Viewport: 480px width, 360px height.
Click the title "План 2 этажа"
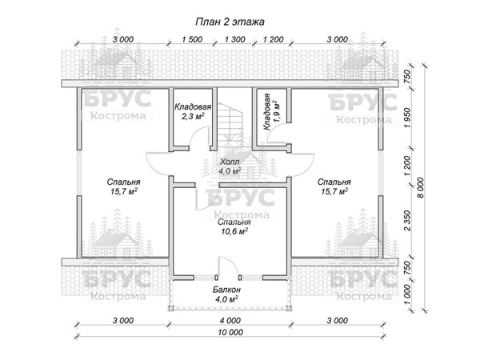click(x=230, y=22)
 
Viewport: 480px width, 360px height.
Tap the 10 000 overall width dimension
click(x=231, y=332)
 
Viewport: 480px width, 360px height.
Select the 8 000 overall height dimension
click(x=421, y=188)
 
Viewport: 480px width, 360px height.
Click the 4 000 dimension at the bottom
click(x=230, y=321)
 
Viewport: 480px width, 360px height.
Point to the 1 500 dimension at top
click(x=192, y=39)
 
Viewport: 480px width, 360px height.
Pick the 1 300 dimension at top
click(x=234, y=39)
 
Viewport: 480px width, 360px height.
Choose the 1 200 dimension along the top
click(x=273, y=39)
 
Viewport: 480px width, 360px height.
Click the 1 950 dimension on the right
click(x=407, y=118)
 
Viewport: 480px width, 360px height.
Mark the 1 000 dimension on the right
click(x=407, y=294)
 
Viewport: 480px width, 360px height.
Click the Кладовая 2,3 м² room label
click(x=193, y=111)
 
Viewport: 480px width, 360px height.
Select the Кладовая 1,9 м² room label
click(x=271, y=112)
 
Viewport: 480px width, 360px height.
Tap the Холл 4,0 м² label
click(x=230, y=166)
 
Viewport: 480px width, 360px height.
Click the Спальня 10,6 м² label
click(x=234, y=226)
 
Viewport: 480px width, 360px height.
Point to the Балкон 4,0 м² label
click(x=227, y=294)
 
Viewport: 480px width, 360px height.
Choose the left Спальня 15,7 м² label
click(x=124, y=186)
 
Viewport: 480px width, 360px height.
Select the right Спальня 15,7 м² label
click(x=334, y=186)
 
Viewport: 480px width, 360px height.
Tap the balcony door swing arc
click(x=230, y=261)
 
